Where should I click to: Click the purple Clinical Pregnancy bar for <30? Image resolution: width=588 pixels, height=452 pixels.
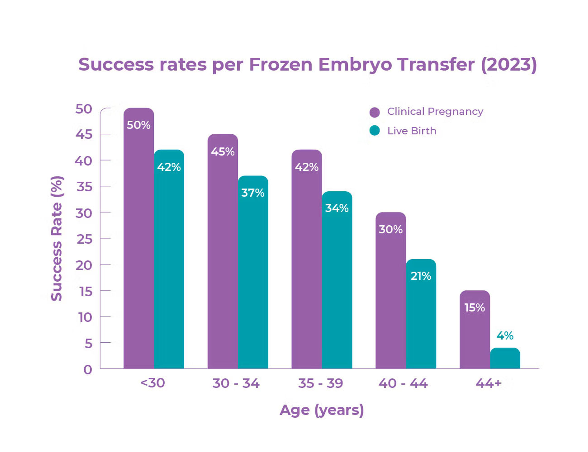(139, 242)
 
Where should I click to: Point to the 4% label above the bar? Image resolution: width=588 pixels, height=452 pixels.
(505, 336)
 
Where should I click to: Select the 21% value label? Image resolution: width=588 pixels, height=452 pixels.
(421, 276)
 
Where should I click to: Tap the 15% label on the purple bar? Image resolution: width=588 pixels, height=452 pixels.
(475, 308)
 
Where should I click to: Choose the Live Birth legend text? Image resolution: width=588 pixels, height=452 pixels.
(412, 131)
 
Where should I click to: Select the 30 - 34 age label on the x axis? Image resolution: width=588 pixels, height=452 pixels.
(236, 383)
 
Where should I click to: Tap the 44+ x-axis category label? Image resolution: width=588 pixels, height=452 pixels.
(488, 383)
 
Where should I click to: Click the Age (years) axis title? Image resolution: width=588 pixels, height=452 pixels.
(322, 410)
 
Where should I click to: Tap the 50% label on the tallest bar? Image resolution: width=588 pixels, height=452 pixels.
(139, 125)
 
